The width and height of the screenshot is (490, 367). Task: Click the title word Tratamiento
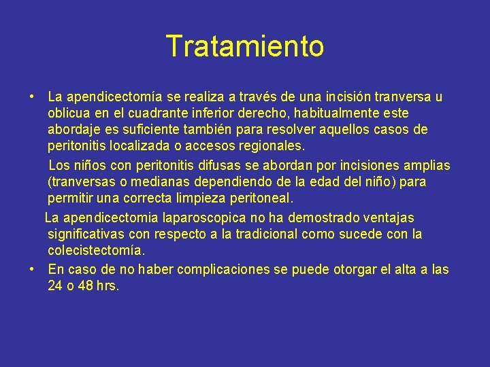point(245,47)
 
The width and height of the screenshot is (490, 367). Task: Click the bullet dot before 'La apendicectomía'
point(33,97)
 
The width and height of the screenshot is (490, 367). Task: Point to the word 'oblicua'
point(70,113)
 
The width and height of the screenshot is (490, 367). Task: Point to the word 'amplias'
point(426,166)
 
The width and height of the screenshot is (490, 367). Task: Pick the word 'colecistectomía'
point(96,251)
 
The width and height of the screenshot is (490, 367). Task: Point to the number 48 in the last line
point(84,286)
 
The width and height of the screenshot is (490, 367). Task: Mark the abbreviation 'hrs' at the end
point(107,286)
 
